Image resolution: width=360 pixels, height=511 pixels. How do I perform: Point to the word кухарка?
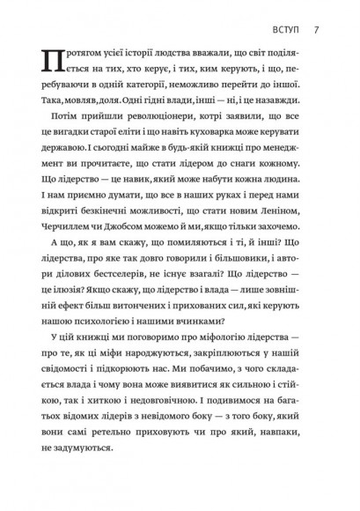238,144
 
